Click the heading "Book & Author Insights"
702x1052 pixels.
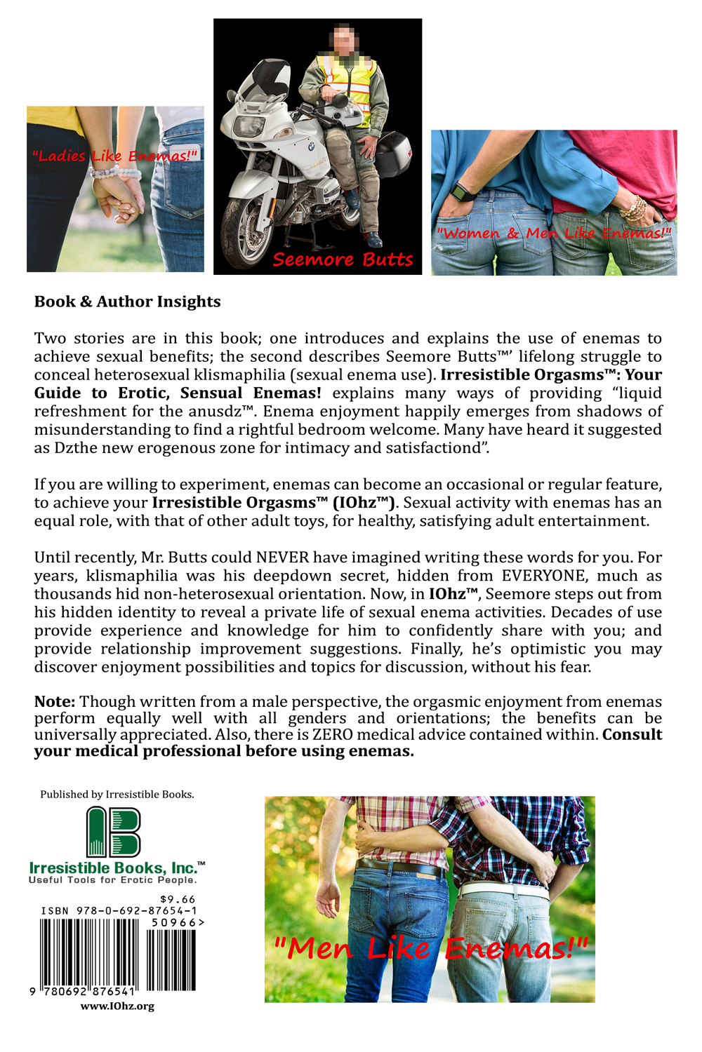(127, 302)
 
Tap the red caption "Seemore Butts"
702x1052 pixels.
(343, 259)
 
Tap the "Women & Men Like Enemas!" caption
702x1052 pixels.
(554, 233)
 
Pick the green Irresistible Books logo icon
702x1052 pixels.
(113, 832)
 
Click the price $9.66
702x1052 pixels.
(178, 899)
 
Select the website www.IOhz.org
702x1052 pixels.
(117, 1006)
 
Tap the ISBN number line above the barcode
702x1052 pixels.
(119, 911)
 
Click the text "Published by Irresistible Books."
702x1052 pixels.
(117, 795)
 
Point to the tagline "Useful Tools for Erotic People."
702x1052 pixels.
(113, 880)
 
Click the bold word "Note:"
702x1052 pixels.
(55, 701)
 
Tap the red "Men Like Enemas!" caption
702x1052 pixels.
(430, 948)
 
